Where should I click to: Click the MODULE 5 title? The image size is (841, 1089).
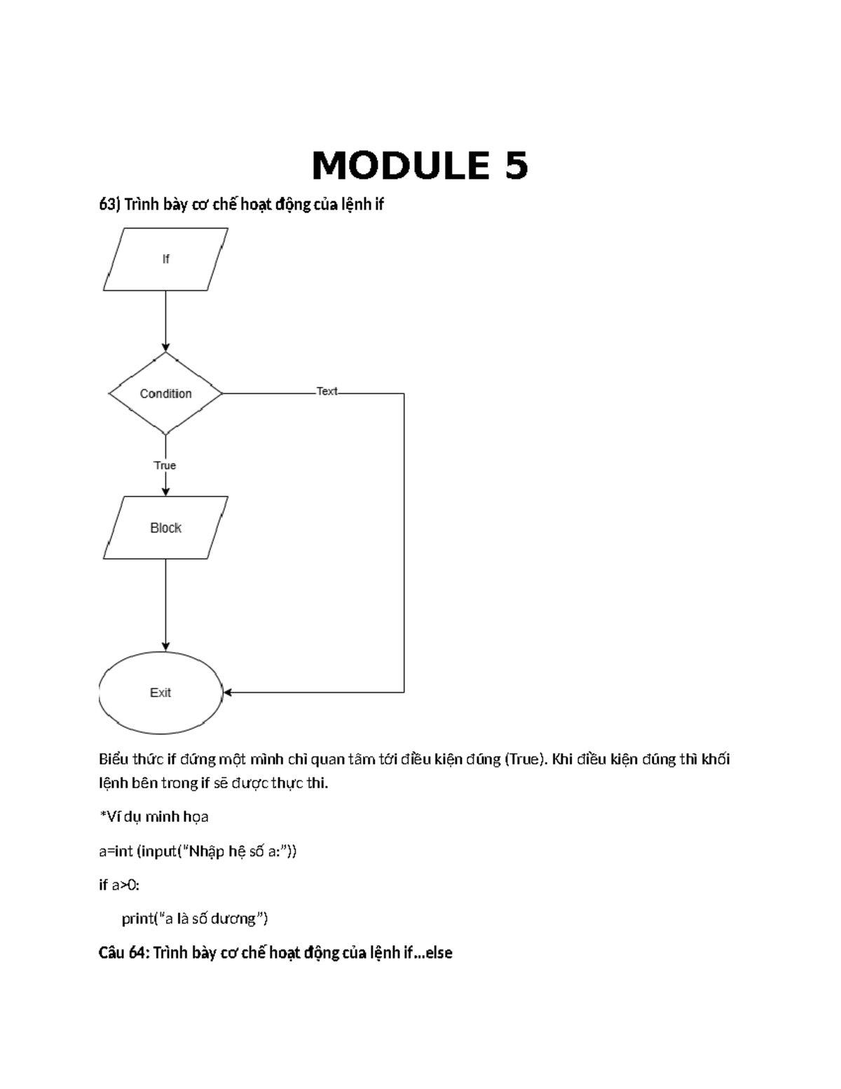coord(420,165)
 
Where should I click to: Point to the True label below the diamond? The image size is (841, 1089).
coord(165,466)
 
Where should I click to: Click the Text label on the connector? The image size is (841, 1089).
coord(327,391)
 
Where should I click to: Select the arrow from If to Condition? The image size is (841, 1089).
coord(166,321)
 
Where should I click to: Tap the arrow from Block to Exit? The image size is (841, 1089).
coord(166,605)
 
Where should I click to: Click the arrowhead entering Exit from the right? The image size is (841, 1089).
coord(227,693)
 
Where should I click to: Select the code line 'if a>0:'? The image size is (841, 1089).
coord(119,885)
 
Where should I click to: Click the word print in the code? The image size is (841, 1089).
coord(137,919)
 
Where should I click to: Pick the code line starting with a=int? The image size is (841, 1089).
coord(198,851)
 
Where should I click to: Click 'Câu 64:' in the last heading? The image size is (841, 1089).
coord(124,953)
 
